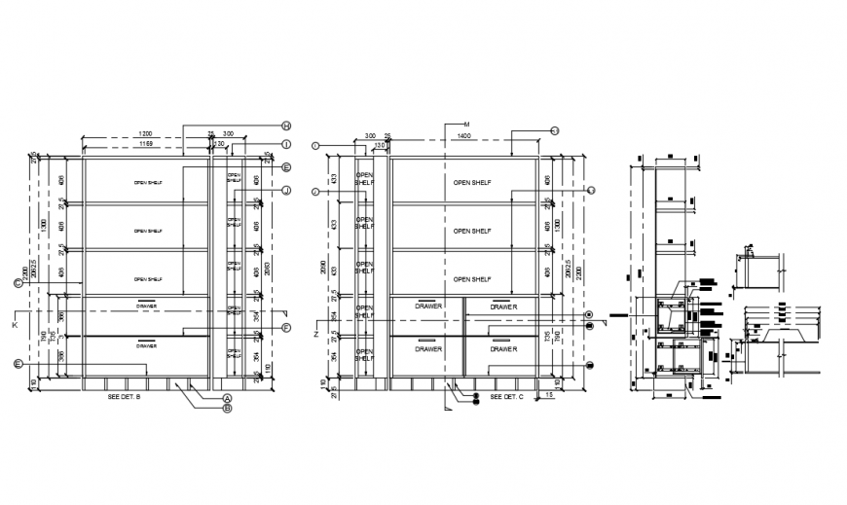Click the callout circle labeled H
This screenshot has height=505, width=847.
click(287, 126)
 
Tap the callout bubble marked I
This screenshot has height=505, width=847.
click(287, 144)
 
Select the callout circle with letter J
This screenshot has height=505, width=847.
click(287, 191)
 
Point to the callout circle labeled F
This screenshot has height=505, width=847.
click(287, 328)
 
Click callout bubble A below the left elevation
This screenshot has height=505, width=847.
click(227, 398)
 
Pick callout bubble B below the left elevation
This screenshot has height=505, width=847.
click(227, 409)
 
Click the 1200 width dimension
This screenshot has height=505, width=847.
click(145, 132)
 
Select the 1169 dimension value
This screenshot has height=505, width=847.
click(145, 144)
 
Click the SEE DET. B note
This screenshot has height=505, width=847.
click(124, 397)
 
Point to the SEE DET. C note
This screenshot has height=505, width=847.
click(507, 397)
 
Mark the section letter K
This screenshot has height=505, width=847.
click(15, 323)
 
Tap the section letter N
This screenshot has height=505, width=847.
click(316, 334)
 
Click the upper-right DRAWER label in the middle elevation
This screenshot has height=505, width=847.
click(503, 307)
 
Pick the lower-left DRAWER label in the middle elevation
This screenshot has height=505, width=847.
click(428, 348)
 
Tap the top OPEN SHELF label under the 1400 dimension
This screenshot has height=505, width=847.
click(473, 182)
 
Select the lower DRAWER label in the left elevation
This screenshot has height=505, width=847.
click(146, 345)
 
